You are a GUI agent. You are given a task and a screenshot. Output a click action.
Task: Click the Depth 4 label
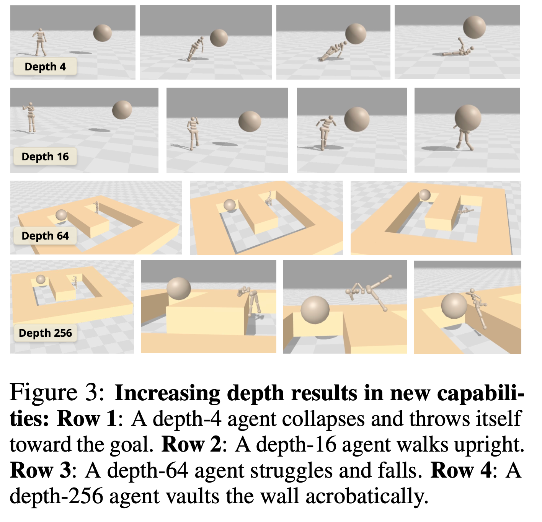[x=45, y=67]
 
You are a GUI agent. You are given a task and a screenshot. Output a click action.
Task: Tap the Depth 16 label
[x=45, y=157]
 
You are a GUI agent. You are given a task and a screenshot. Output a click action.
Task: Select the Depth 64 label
[x=45, y=236]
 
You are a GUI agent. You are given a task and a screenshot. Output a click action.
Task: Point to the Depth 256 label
[x=45, y=333]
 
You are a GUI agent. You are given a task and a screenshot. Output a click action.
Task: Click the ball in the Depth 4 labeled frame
[x=103, y=33]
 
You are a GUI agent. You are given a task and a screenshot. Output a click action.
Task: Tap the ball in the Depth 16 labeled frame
[x=122, y=110]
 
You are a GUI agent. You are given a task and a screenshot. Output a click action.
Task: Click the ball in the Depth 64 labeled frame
[x=61, y=215]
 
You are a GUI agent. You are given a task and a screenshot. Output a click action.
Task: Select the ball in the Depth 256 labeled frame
[x=41, y=279]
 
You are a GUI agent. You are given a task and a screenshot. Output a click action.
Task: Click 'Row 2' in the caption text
[x=191, y=444]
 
